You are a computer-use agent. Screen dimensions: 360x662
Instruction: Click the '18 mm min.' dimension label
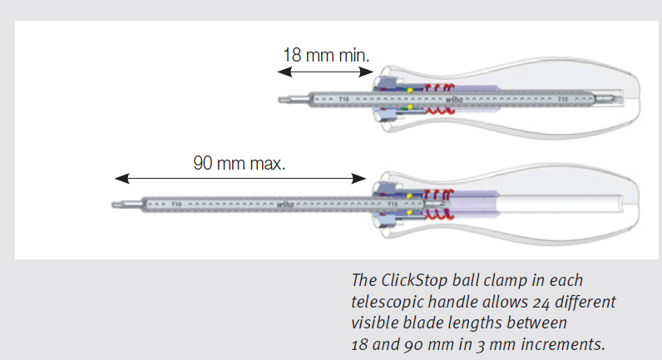coord(326,56)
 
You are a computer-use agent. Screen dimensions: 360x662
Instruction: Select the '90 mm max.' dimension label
coord(240,162)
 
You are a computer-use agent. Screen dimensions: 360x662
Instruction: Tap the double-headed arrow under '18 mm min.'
coord(325,73)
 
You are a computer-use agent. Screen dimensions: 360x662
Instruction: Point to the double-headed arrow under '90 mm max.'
coord(240,177)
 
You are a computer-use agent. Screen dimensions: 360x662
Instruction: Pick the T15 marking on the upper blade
coord(563,99)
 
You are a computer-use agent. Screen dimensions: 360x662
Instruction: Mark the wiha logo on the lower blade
coord(284,203)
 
